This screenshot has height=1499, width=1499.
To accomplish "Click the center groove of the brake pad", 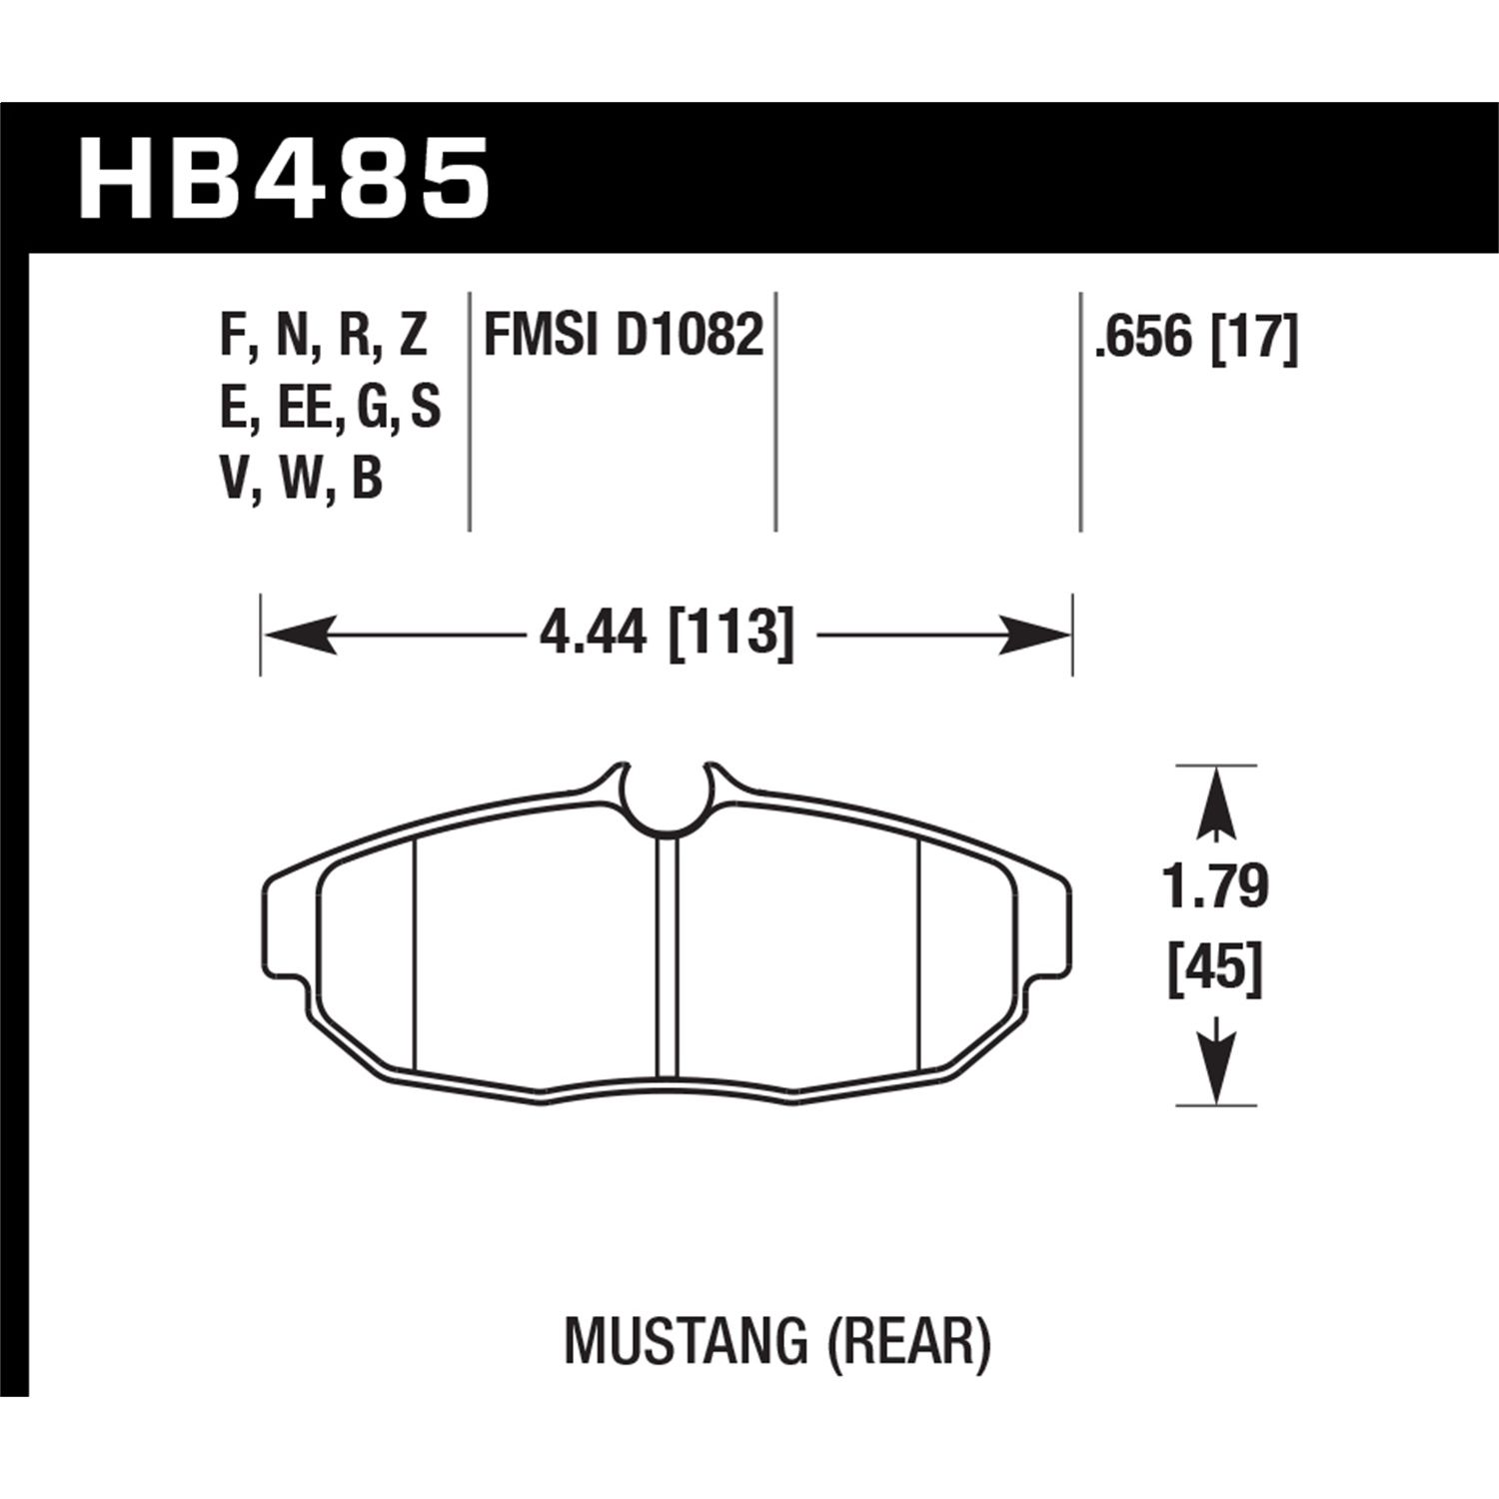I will (x=667, y=954).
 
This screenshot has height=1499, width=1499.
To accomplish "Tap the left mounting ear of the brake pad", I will (x=285, y=924).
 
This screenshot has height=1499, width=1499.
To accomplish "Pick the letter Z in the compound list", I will (x=412, y=336).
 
